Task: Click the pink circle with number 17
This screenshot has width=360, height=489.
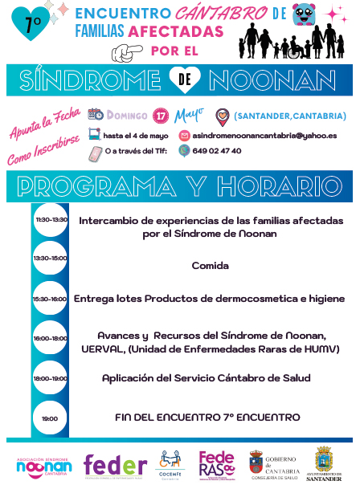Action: [x=161, y=115]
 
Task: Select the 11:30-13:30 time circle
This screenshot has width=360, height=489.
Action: [x=51, y=219]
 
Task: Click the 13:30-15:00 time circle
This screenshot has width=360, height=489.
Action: [x=51, y=258]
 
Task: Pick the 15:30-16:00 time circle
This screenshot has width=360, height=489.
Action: [x=51, y=299]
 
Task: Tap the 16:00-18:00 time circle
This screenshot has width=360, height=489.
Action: [x=51, y=339]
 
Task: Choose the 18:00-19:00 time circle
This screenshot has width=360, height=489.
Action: [x=51, y=377]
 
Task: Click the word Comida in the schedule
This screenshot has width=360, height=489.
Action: [x=209, y=265]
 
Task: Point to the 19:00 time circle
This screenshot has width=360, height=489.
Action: [x=51, y=418]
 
